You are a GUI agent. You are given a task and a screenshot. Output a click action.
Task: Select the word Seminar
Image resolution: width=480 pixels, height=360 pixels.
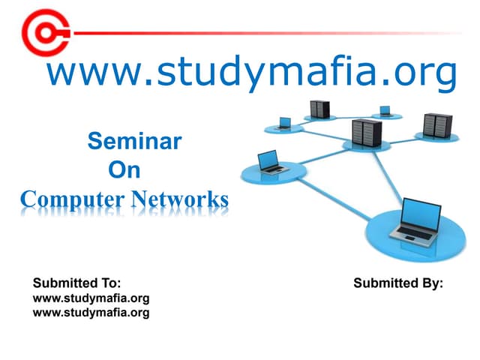(x=135, y=141)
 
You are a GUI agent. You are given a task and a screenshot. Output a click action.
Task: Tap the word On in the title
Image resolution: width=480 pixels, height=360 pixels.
(x=124, y=170)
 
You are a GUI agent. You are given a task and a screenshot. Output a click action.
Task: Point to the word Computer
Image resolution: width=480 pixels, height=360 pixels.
(x=72, y=199)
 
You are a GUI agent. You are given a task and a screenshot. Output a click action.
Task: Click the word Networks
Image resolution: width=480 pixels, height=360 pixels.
(x=180, y=199)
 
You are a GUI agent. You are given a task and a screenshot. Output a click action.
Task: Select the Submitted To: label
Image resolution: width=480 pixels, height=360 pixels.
(x=76, y=283)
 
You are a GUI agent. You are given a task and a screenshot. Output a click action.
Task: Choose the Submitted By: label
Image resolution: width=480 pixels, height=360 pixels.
(x=398, y=283)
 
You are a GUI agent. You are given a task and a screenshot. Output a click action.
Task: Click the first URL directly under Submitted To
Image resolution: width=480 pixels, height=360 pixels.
(x=91, y=298)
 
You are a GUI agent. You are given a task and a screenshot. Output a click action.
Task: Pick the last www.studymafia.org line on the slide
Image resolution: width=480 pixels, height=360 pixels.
(x=91, y=313)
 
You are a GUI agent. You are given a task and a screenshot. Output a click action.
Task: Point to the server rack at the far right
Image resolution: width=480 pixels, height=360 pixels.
(x=438, y=125)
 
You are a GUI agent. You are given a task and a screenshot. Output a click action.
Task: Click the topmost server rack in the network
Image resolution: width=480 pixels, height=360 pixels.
(x=319, y=109)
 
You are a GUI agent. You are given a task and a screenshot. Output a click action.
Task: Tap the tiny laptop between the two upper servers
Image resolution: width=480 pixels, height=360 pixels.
(x=385, y=111)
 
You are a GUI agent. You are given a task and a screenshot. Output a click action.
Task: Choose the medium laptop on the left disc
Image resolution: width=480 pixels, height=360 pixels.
(x=271, y=162)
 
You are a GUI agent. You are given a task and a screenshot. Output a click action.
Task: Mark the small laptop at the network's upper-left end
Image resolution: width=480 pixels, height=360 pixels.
(x=284, y=123)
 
